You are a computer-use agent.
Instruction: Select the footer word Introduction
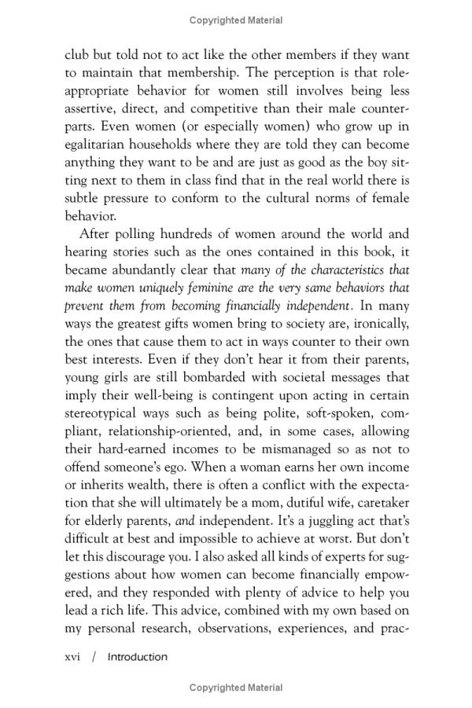tap(138, 656)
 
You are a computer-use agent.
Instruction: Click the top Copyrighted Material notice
tap(236, 20)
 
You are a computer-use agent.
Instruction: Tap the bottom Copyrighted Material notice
tap(236, 688)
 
